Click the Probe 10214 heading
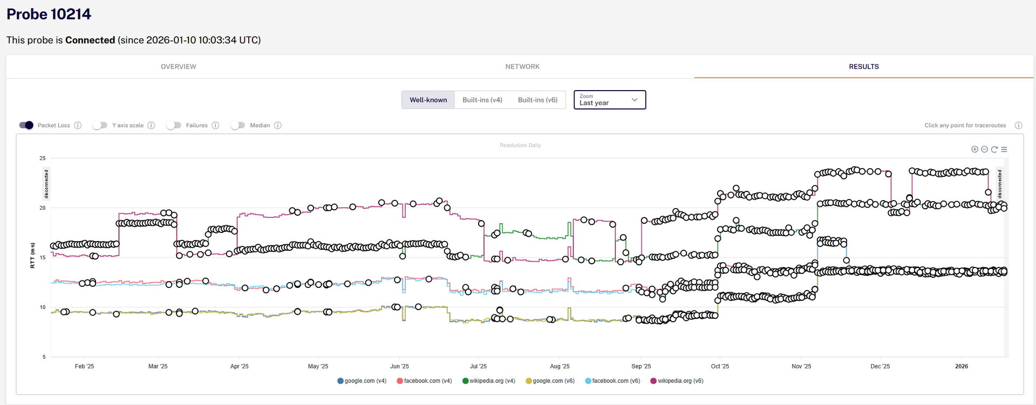(x=49, y=14)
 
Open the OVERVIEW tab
(x=179, y=67)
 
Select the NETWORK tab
(x=522, y=67)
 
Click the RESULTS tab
(x=864, y=67)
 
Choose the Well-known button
(x=428, y=100)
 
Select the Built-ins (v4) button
(x=482, y=100)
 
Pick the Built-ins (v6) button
(x=538, y=100)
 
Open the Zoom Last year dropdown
(x=610, y=100)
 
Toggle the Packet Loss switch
(x=26, y=125)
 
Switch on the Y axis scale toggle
(x=100, y=125)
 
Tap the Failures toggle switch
(x=174, y=125)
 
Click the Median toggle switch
(x=238, y=125)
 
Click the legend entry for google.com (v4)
(x=362, y=381)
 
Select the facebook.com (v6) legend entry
(x=612, y=381)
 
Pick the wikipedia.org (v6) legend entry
(x=677, y=381)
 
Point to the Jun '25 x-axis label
(x=399, y=366)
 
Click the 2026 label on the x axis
(x=962, y=366)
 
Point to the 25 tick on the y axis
(x=43, y=158)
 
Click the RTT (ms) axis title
(x=32, y=255)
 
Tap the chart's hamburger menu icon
(x=1004, y=149)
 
